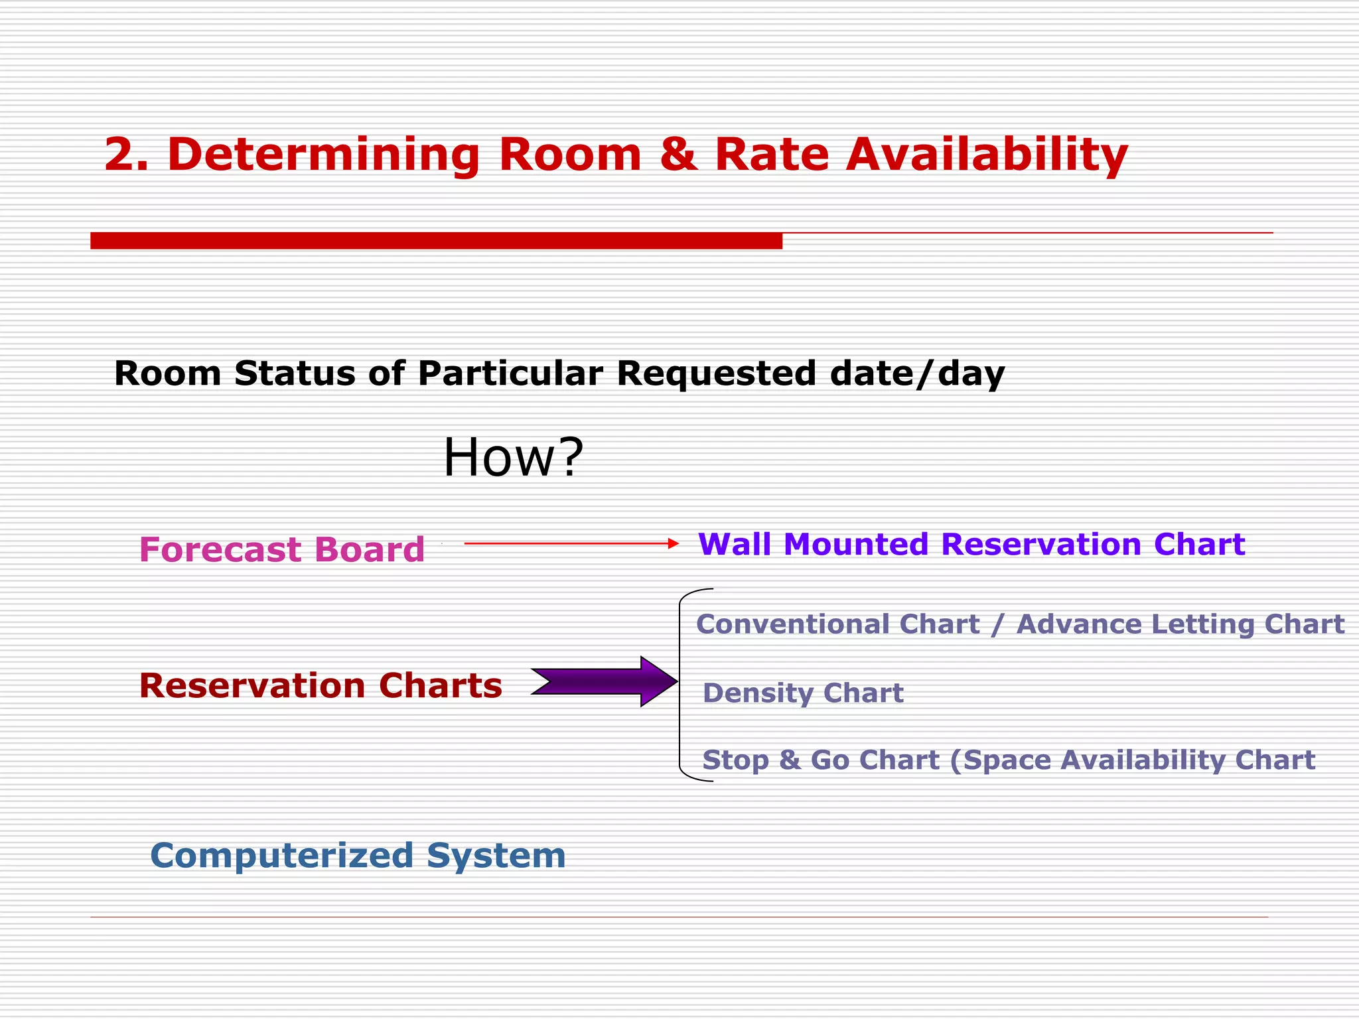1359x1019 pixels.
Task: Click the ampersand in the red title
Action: pyautogui.click(x=678, y=155)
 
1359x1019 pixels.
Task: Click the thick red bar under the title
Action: pyautogui.click(x=436, y=240)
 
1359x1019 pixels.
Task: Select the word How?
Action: pyautogui.click(x=513, y=457)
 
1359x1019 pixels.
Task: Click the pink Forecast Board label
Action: pyautogui.click(x=281, y=549)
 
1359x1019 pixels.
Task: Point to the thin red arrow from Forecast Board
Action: pyautogui.click(x=571, y=543)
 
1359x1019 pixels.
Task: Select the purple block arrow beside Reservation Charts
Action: pyautogui.click(x=604, y=681)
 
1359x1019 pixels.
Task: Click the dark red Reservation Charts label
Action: pyautogui.click(x=321, y=685)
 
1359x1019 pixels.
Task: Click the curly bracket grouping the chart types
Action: pyautogui.click(x=681, y=683)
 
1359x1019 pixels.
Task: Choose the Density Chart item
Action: pyautogui.click(x=803, y=693)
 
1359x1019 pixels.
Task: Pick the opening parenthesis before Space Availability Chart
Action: pyautogui.click(x=955, y=761)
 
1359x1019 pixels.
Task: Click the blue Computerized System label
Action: pyautogui.click(x=358, y=855)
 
